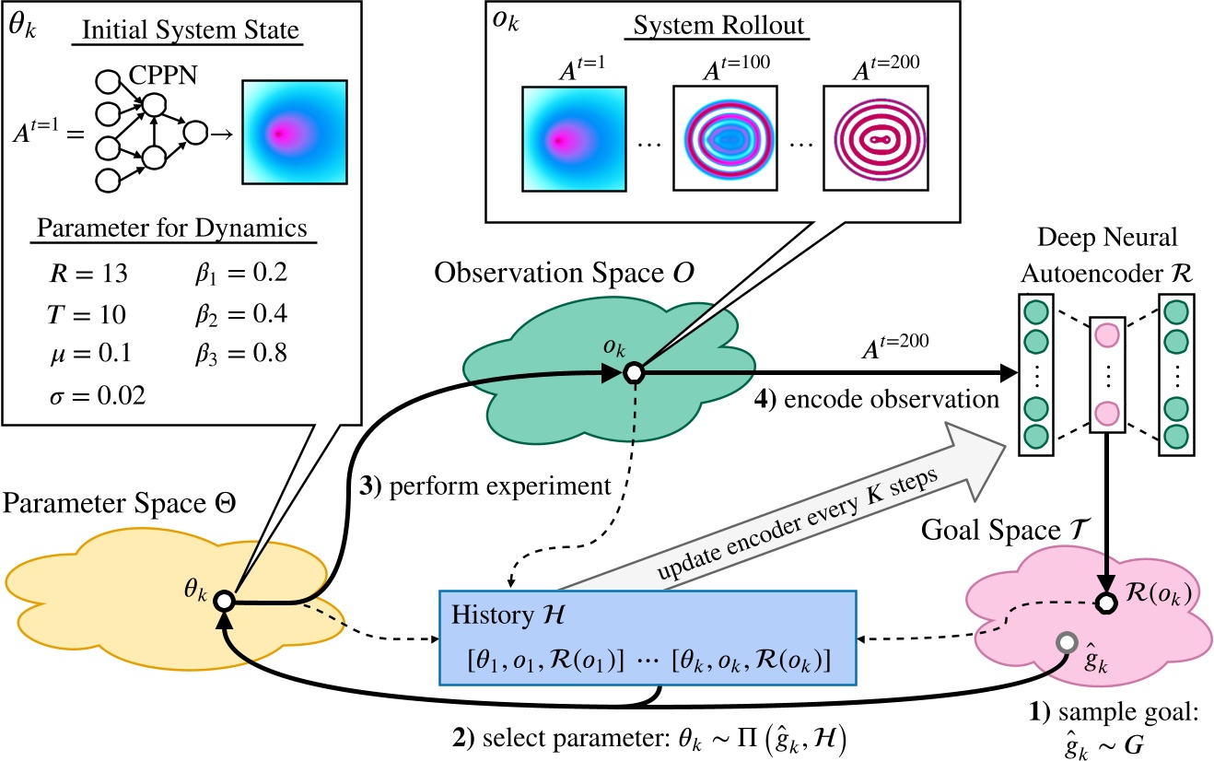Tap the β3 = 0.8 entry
(x=236, y=355)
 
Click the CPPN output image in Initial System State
(x=294, y=132)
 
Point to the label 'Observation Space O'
(x=572, y=273)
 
